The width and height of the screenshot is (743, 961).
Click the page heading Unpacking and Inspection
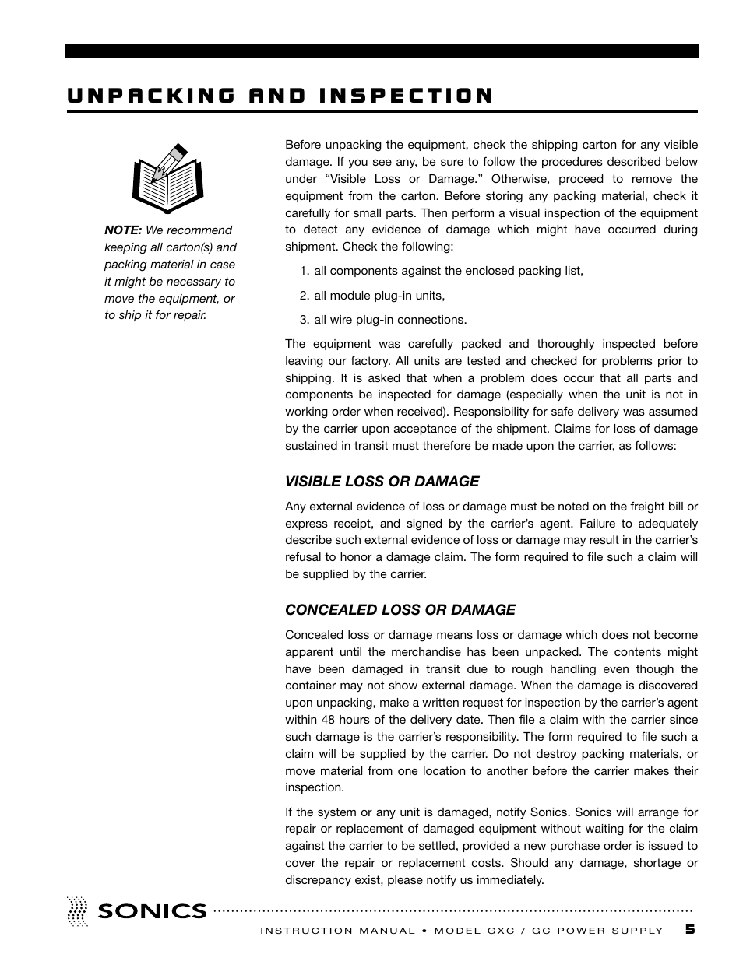pyautogui.click(x=280, y=96)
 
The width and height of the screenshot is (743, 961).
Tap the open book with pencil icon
pyautogui.click(x=167, y=178)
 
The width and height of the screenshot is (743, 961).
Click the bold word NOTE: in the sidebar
pyautogui.click(x=123, y=230)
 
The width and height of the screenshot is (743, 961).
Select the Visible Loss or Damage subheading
pyautogui.click(x=382, y=482)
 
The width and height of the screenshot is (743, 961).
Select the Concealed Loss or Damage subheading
pyautogui.click(x=400, y=610)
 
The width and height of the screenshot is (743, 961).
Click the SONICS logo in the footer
pyautogui.click(x=152, y=911)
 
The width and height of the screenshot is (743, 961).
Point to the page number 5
pyautogui.click(x=690, y=930)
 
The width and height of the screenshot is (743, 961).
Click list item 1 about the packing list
pyautogui.click(x=441, y=271)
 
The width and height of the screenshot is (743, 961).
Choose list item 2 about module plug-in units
pyautogui.click(x=371, y=296)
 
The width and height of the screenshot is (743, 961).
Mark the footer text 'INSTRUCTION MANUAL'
pyautogui.click(x=337, y=931)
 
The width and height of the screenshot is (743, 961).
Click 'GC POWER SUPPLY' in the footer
pyautogui.click(x=597, y=931)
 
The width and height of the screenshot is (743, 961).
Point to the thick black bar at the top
pyautogui.click(x=382, y=51)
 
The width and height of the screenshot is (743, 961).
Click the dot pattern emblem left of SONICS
pyautogui.click(x=77, y=911)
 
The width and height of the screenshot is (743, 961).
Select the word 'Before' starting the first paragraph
pyautogui.click(x=305, y=145)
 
